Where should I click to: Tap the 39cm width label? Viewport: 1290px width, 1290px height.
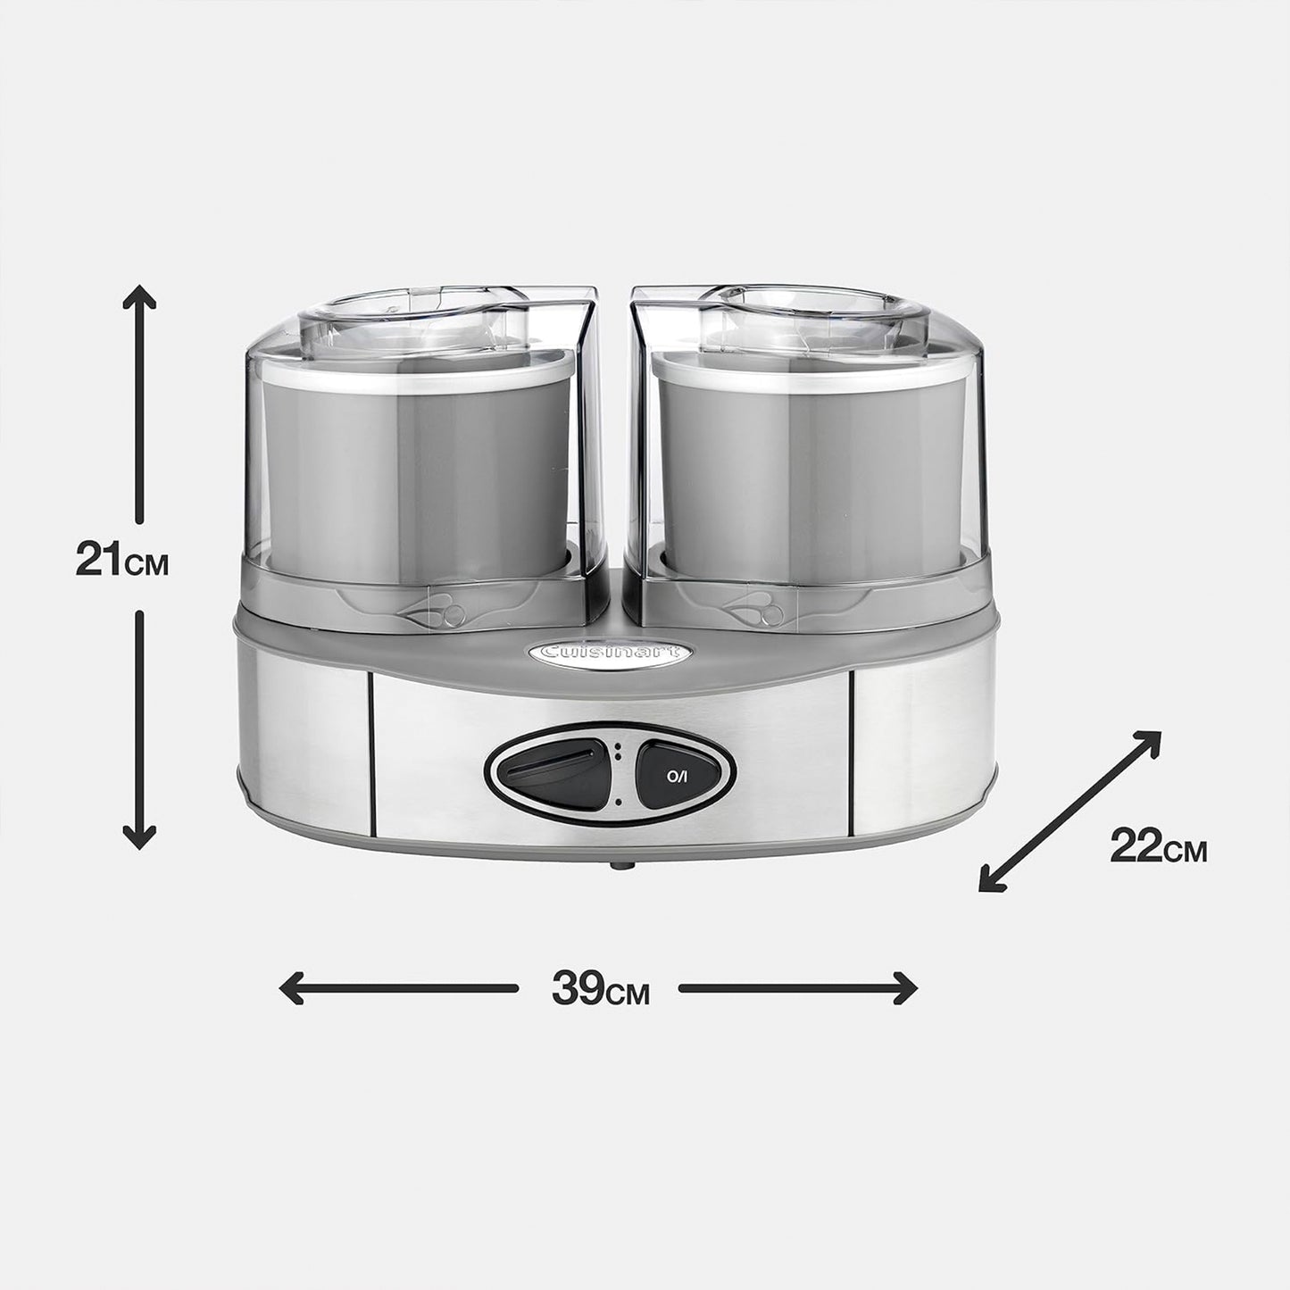(x=600, y=988)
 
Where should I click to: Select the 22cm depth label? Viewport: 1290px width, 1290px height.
(x=1158, y=846)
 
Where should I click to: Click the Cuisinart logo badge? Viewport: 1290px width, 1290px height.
(x=610, y=652)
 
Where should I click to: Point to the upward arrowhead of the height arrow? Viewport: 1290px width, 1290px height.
(x=139, y=295)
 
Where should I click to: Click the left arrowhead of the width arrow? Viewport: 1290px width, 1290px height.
(x=291, y=988)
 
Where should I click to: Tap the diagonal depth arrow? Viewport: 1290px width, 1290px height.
(x=1069, y=811)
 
